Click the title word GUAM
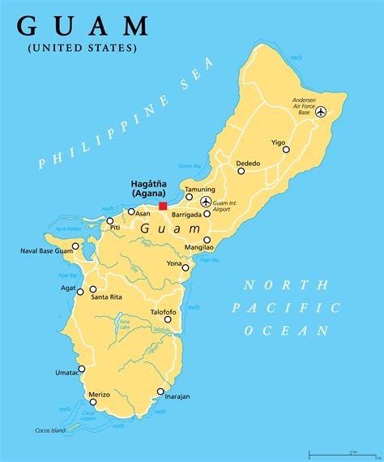coord(83,26)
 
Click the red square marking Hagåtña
coord(163,206)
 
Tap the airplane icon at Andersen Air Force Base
coord(321,112)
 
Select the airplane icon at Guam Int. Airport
coord(206,201)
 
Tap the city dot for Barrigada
coord(207,214)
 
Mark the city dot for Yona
coord(186,267)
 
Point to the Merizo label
coord(99,394)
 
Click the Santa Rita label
coord(106,297)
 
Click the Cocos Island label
coord(49,430)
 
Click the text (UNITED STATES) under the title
coord(82,49)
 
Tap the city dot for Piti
coord(110,220)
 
